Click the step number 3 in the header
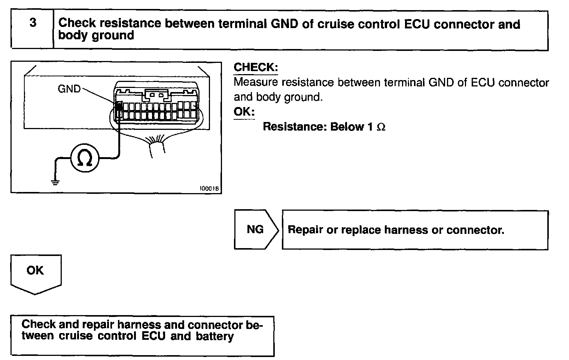pos(33,23)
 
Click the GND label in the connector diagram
pos(69,89)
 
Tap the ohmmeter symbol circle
pos(85,158)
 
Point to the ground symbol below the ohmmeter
pos(55,182)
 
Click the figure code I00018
pos(210,189)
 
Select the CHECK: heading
pos(256,67)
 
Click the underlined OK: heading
pos(244,112)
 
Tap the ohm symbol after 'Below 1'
pos(381,127)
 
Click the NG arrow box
pos(256,229)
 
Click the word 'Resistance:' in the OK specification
pos(295,127)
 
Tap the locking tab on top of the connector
pos(157,95)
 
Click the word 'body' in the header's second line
pos(72,36)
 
